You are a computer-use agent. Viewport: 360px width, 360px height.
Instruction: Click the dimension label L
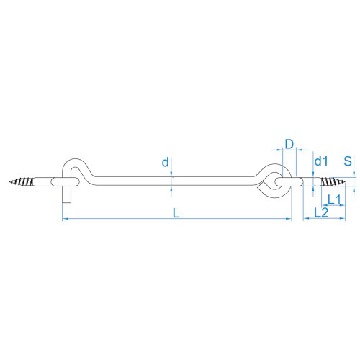pyautogui.click(x=176, y=213)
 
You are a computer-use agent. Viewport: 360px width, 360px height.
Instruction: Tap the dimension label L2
pyautogui.click(x=321, y=212)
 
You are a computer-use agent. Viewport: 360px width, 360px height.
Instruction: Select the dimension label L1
pyautogui.click(x=334, y=199)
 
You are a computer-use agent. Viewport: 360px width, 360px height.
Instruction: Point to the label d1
pyautogui.click(x=321, y=161)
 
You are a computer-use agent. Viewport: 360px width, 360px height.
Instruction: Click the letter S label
pyautogui.click(x=348, y=161)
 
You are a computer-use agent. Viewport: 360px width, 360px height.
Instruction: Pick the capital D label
pyautogui.click(x=289, y=144)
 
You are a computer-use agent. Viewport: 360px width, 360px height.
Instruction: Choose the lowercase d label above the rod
pyautogui.click(x=165, y=162)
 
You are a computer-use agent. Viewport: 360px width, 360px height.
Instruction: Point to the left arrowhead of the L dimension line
pyautogui.click(x=64, y=219)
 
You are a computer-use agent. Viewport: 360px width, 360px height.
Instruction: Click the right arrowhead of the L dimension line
pyautogui.click(x=289, y=219)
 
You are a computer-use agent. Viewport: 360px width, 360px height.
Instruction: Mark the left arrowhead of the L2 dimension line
pyautogui.click(x=305, y=218)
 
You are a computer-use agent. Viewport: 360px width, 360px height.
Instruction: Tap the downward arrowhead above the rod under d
pyautogui.click(x=171, y=174)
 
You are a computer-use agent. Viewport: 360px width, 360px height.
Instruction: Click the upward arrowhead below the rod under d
pyautogui.click(x=171, y=188)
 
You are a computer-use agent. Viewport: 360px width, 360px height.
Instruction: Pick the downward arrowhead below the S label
pyautogui.click(x=354, y=175)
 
